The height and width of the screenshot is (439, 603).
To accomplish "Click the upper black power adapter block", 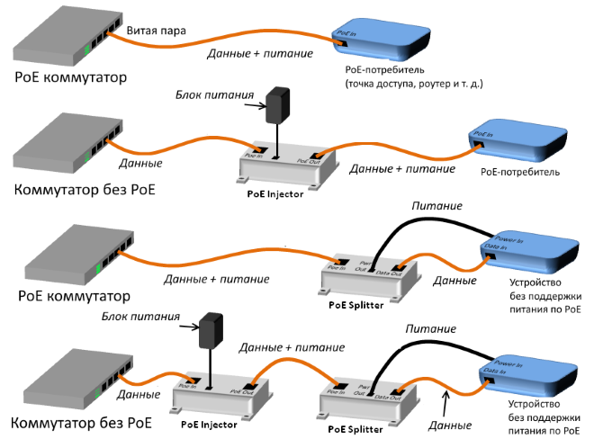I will point(277,106).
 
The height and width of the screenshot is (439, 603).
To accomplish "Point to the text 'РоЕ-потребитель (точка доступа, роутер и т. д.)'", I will point(414,76).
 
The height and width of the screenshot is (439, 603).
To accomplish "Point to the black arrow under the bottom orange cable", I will point(444,397).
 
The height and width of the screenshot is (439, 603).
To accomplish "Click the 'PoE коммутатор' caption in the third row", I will point(72,296).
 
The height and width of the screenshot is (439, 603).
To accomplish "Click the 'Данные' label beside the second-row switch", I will point(140,164).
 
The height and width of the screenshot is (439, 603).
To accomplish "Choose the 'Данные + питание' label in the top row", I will point(260,54).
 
